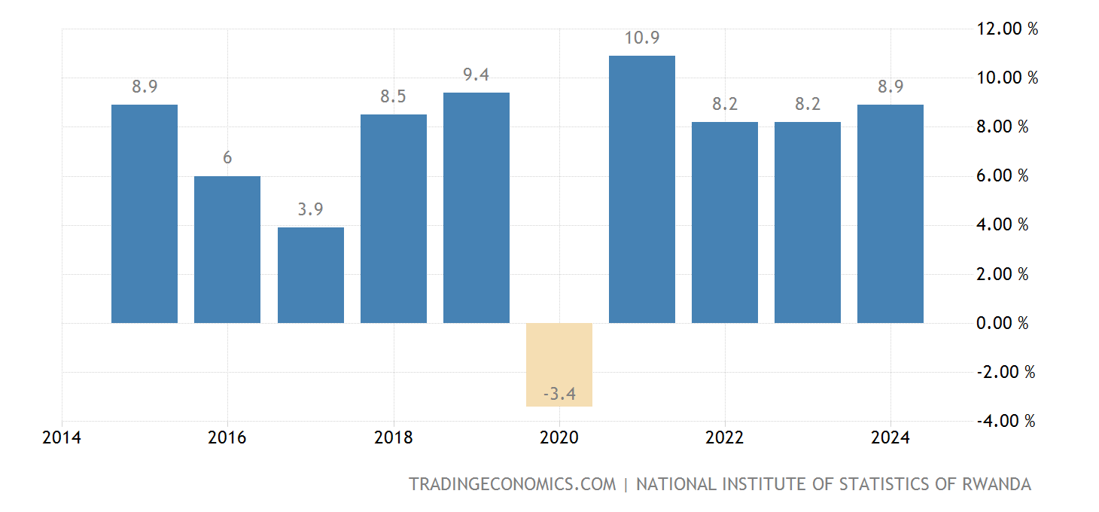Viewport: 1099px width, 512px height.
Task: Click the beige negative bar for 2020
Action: (x=559, y=364)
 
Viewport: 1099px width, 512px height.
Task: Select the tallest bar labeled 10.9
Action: (x=642, y=189)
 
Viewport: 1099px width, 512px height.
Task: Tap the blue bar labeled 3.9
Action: (x=310, y=275)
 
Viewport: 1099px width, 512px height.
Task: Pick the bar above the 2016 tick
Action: (x=227, y=249)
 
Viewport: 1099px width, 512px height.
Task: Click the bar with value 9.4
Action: (x=476, y=208)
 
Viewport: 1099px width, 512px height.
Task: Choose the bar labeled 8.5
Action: (x=394, y=218)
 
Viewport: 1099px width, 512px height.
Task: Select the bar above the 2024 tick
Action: (x=890, y=214)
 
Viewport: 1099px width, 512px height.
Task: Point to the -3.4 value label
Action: (x=559, y=393)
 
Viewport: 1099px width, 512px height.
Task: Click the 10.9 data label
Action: (x=642, y=38)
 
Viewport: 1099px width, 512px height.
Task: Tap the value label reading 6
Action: (x=227, y=158)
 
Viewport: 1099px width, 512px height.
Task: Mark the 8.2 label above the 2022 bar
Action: (x=725, y=104)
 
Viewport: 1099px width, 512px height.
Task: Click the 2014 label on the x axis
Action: (x=62, y=438)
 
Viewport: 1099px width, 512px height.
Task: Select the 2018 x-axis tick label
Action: (x=394, y=438)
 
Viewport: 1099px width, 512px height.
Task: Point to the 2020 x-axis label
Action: (x=559, y=438)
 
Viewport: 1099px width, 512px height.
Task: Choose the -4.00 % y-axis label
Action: (x=1005, y=421)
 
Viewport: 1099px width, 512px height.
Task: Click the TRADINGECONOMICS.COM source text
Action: (x=513, y=484)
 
